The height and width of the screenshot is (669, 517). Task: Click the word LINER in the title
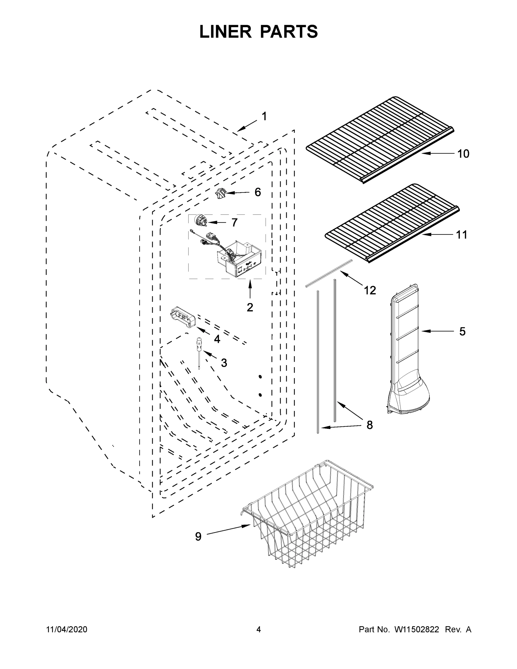pyautogui.click(x=225, y=32)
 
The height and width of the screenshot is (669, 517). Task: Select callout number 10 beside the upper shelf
pyautogui.click(x=463, y=154)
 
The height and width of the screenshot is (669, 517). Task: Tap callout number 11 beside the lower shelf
pyautogui.click(x=462, y=235)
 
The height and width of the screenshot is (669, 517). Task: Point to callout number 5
pyautogui.click(x=462, y=331)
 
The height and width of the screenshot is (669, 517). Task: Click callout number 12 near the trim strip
pyautogui.click(x=370, y=290)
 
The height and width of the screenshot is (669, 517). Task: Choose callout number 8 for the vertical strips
pyautogui.click(x=370, y=425)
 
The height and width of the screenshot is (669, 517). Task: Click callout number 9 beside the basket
pyautogui.click(x=198, y=536)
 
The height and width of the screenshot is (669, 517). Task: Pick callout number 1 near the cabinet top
pyautogui.click(x=264, y=117)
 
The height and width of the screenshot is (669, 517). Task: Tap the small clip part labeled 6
pyautogui.click(x=220, y=194)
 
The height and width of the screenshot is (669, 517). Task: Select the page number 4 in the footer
pyautogui.click(x=259, y=629)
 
